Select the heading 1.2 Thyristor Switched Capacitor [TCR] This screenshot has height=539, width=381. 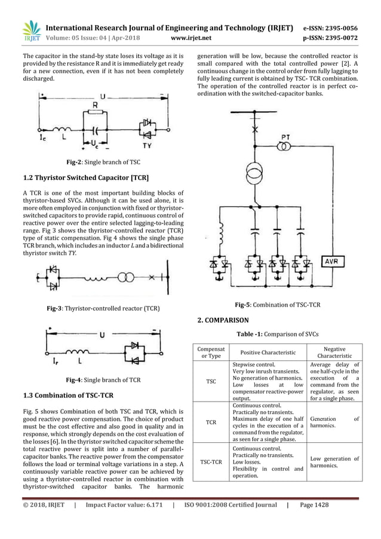[x=85, y=178]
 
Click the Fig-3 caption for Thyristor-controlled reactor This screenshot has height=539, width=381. [x=103, y=309]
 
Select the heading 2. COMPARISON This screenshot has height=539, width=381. [x=223, y=321]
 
